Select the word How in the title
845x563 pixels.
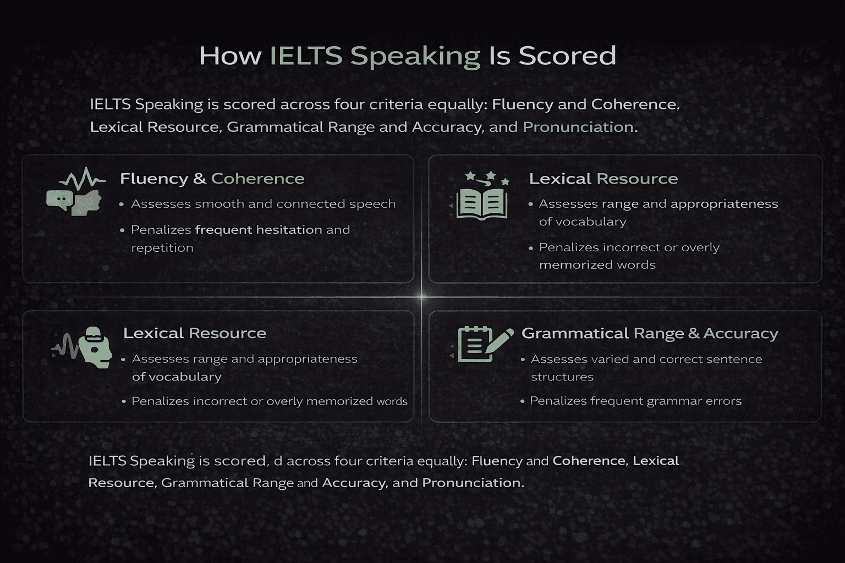230,56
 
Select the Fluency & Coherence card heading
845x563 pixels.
212,179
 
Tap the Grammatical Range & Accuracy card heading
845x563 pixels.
650,333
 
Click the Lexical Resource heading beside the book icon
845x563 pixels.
603,179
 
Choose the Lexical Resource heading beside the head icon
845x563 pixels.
194,333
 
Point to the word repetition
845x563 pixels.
162,248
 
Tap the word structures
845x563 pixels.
562,377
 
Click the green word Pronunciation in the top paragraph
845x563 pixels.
578,127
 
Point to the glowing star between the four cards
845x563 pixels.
421,297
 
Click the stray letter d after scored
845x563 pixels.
277,461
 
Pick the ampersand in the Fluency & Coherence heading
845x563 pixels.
199,179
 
